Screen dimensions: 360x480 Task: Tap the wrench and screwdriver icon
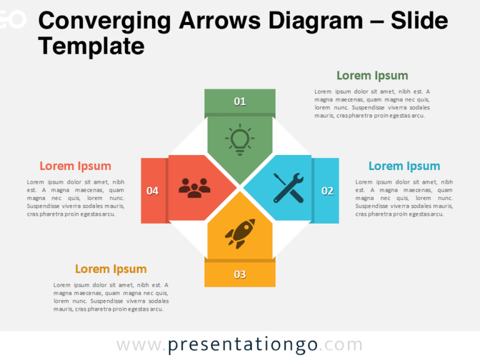pyautogui.click(x=288, y=187)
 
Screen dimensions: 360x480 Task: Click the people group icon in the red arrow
pyautogui.click(x=194, y=187)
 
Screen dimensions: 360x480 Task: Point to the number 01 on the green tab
pyautogui.click(x=240, y=101)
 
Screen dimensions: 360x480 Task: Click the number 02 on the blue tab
pyautogui.click(x=327, y=191)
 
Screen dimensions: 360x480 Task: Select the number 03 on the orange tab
pyautogui.click(x=240, y=274)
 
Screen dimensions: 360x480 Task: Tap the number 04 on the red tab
pyautogui.click(x=152, y=191)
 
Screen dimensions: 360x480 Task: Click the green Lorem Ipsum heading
pyautogui.click(x=372, y=76)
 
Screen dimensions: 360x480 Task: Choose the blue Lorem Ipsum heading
pyautogui.click(x=404, y=166)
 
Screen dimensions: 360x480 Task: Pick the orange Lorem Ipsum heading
pyautogui.click(x=111, y=269)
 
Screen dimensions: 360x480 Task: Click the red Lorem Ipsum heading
pyautogui.click(x=75, y=166)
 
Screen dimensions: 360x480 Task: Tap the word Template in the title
pyautogui.click(x=91, y=46)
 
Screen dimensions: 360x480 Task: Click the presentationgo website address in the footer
pyautogui.click(x=239, y=344)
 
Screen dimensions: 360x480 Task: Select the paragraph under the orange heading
pyautogui.click(x=111, y=297)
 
